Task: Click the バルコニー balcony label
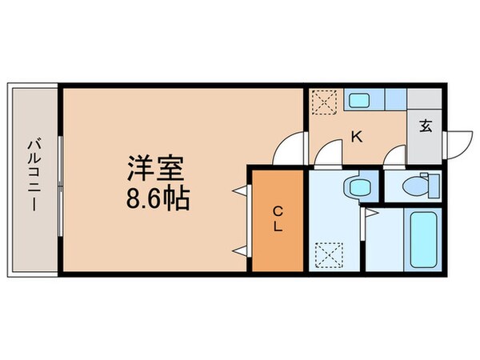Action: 34,178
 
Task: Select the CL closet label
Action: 278,218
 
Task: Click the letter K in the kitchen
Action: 356,136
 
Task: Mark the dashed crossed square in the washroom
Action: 326,256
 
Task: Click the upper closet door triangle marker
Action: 239,191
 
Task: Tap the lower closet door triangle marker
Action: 239,251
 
